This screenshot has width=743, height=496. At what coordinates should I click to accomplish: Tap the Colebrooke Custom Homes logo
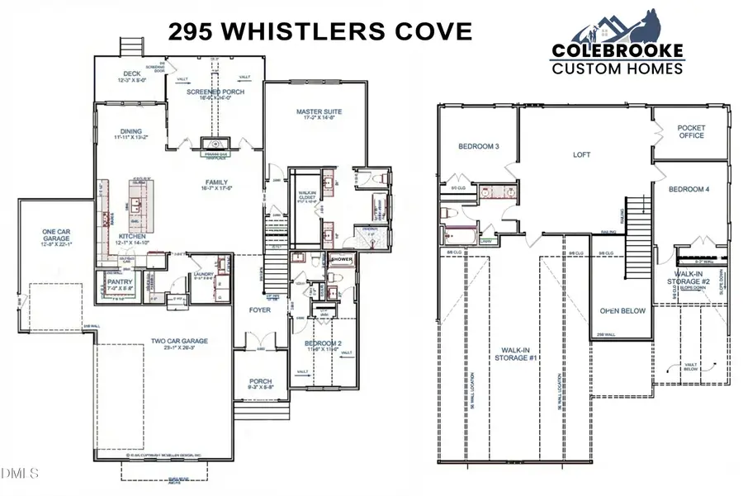pos(618,50)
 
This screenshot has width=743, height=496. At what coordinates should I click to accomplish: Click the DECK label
pos(132,74)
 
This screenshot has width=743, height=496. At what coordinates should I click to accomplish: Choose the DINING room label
pos(130,131)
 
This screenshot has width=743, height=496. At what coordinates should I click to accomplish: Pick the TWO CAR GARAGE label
pos(178,342)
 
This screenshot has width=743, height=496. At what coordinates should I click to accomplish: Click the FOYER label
pos(260,310)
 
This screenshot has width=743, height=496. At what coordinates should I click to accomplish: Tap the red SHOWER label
pos(341,259)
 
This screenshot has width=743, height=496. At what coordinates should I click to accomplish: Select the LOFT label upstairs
pos(583,154)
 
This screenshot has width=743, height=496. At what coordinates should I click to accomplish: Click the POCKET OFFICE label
pos(691,132)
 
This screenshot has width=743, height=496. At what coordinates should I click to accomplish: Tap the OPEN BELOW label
pos(622,311)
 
